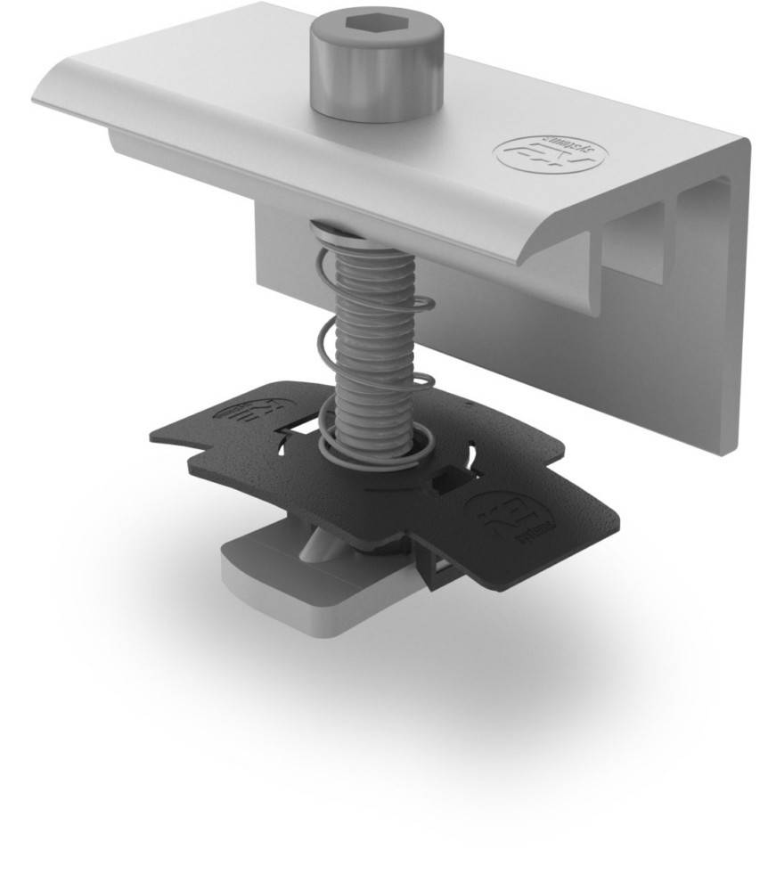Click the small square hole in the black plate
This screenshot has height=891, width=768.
pyautogui.click(x=443, y=486)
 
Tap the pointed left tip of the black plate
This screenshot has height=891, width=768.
pyautogui.click(x=154, y=434)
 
